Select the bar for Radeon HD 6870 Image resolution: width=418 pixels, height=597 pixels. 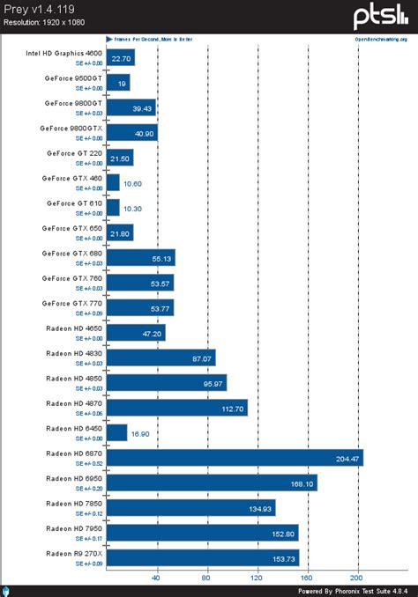[x=235, y=457]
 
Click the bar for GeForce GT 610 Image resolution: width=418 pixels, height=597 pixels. [x=113, y=208]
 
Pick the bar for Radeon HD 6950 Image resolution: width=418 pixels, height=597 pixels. [x=212, y=483]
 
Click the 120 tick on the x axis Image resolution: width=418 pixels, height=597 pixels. [x=258, y=578]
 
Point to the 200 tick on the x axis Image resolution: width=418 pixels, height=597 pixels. [x=358, y=578]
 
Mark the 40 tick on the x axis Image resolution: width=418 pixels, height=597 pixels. [x=157, y=578]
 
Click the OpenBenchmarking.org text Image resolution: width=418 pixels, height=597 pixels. [x=381, y=40]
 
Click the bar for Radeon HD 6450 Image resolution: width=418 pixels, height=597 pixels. [x=116, y=432]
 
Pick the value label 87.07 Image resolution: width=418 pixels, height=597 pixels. [x=200, y=357]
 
